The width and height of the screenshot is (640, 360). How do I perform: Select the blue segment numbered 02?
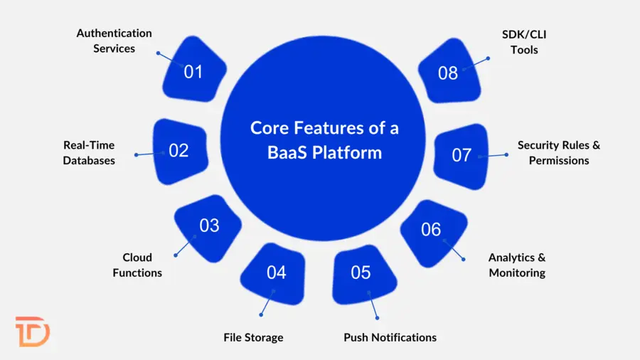pyautogui.click(x=179, y=150)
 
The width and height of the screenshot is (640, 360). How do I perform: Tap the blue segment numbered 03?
pyautogui.click(x=208, y=226)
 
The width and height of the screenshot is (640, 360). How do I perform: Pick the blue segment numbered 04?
pyautogui.click(x=276, y=272)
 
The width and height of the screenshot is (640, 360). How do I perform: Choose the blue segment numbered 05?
pyautogui.click(x=361, y=273)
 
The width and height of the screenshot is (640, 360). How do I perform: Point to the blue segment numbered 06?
pyautogui.click(x=432, y=230)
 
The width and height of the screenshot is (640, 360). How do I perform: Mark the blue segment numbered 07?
pyautogui.click(x=462, y=154)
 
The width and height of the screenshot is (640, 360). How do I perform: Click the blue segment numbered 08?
pyautogui.click(x=448, y=73)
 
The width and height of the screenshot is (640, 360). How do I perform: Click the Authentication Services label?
pyautogui.click(x=114, y=41)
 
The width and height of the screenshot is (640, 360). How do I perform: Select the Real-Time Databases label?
pyautogui.click(x=89, y=152)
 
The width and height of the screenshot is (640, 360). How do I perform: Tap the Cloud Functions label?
pyautogui.click(x=137, y=265)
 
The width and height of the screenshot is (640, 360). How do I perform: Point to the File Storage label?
pyautogui.click(x=253, y=337)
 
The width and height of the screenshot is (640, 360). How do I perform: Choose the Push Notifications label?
pyautogui.click(x=390, y=337)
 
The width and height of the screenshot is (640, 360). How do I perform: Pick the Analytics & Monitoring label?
pyautogui.click(x=517, y=265)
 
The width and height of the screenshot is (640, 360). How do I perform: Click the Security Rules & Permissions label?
pyautogui.click(x=558, y=152)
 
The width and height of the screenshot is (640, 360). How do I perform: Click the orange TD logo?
pyautogui.click(x=33, y=331)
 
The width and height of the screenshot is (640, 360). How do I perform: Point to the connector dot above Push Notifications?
pyautogui.click(x=378, y=317)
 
